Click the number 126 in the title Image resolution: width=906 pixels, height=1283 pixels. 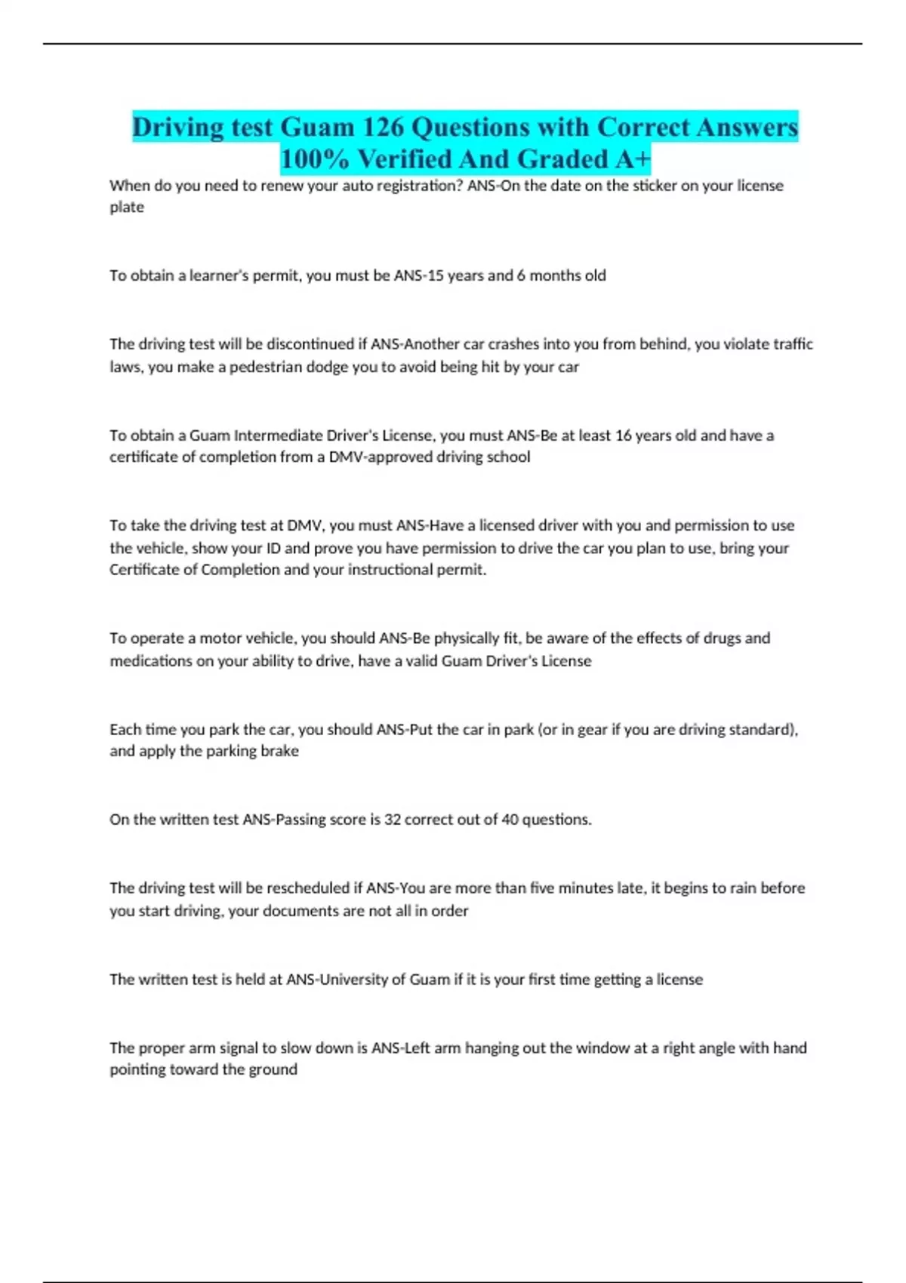(384, 127)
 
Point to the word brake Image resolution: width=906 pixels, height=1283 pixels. (279, 751)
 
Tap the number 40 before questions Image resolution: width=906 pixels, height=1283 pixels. (510, 820)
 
